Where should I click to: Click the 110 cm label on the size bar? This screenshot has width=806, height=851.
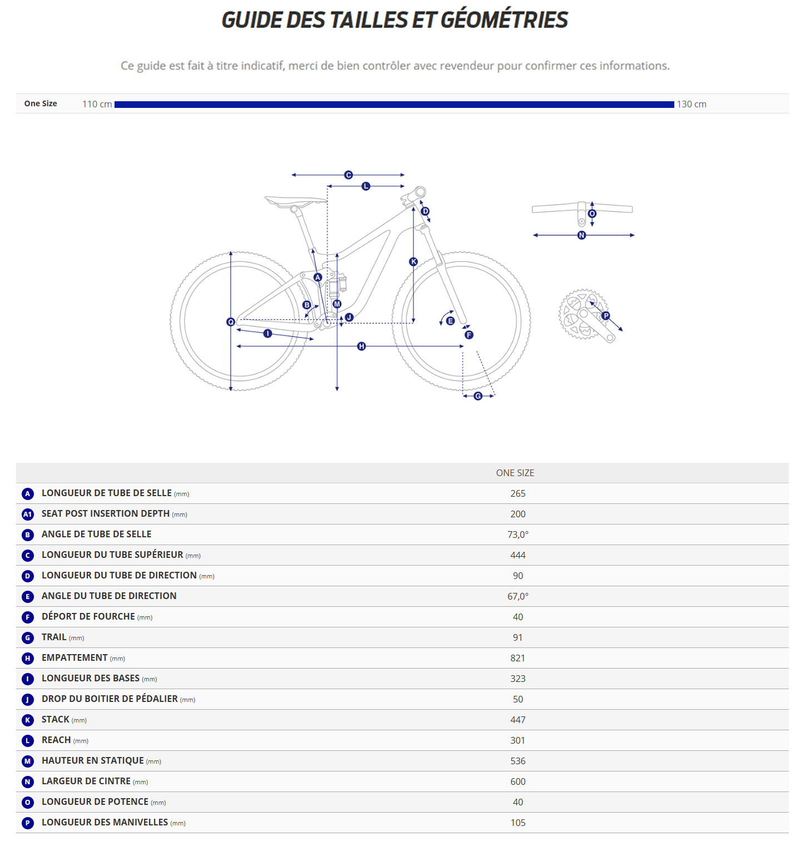tap(97, 104)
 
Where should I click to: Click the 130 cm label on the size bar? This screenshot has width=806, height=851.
tap(691, 104)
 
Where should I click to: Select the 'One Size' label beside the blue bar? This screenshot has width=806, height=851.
tap(41, 103)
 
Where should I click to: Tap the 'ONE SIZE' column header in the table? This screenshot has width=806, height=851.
tap(515, 473)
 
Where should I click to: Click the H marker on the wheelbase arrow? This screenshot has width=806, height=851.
tap(361, 347)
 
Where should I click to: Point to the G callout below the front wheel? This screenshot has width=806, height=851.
tap(478, 396)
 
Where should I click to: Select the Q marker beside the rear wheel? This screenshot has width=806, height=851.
tap(231, 322)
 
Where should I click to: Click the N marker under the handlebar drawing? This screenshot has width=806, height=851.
tap(581, 235)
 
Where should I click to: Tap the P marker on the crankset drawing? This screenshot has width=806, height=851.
tap(606, 315)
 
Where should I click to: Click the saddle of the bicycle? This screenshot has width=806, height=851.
tap(295, 201)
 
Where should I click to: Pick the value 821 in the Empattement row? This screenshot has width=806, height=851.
tap(518, 658)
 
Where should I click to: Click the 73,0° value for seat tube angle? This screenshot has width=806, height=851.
tap(518, 535)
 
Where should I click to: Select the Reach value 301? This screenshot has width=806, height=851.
tap(518, 740)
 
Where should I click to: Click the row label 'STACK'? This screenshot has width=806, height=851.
tap(56, 720)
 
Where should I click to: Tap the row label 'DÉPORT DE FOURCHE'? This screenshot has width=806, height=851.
tap(88, 617)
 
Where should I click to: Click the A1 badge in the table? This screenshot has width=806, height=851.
tap(28, 514)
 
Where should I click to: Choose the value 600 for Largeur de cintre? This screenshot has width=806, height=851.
tap(518, 781)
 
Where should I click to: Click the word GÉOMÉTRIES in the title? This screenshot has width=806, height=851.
tap(504, 20)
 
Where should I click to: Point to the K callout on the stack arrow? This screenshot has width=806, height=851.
tap(413, 261)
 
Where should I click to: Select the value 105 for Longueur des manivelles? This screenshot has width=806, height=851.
tap(518, 823)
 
